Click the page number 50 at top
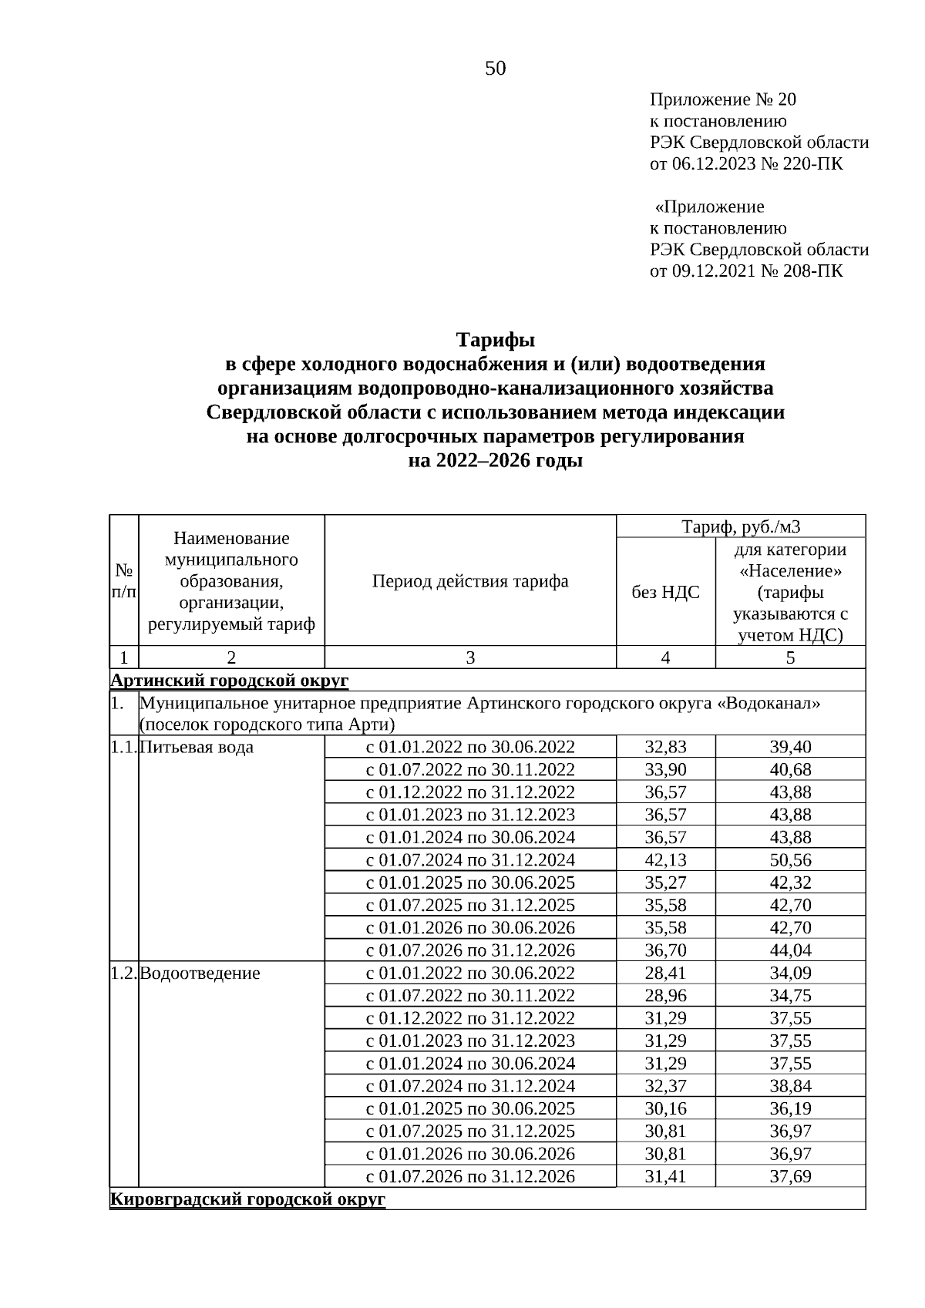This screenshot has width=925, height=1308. pos(495,69)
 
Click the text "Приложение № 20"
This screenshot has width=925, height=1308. pos(723,99)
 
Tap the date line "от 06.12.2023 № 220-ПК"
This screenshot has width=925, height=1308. pos(746,164)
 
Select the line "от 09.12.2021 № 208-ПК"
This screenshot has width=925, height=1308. pos(746,271)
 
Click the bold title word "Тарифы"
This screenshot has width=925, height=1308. pos(495,339)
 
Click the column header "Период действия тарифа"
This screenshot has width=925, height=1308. pos(470,581)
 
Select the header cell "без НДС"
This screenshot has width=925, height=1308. pos(665,592)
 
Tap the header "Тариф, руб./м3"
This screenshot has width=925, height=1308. pos(741,527)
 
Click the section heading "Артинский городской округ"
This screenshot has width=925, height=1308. pos(230,681)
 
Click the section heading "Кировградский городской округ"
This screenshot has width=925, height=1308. pos(247,1199)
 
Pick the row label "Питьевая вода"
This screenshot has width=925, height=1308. pos(197,747)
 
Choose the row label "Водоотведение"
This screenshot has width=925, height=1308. pos(200,973)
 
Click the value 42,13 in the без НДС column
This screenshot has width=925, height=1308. pos(665,860)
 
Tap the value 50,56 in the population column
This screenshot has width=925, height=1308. pos(790,860)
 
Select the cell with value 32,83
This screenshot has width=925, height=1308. pos(665,747)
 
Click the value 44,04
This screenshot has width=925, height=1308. pos(790,950)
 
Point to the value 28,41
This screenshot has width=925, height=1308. pos(665,973)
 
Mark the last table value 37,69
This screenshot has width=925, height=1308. pos(790,1177)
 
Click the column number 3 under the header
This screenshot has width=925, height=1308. pos(470,657)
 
